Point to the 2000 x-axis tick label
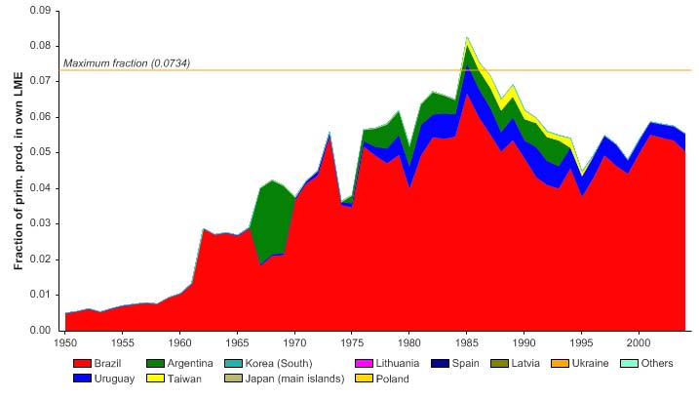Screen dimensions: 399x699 click(x=638, y=343)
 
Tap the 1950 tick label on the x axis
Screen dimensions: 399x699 click(x=65, y=343)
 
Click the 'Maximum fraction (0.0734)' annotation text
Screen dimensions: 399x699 click(x=127, y=63)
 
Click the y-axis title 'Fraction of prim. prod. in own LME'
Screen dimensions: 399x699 click(x=19, y=171)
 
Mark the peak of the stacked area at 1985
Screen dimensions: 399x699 click(x=467, y=37)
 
